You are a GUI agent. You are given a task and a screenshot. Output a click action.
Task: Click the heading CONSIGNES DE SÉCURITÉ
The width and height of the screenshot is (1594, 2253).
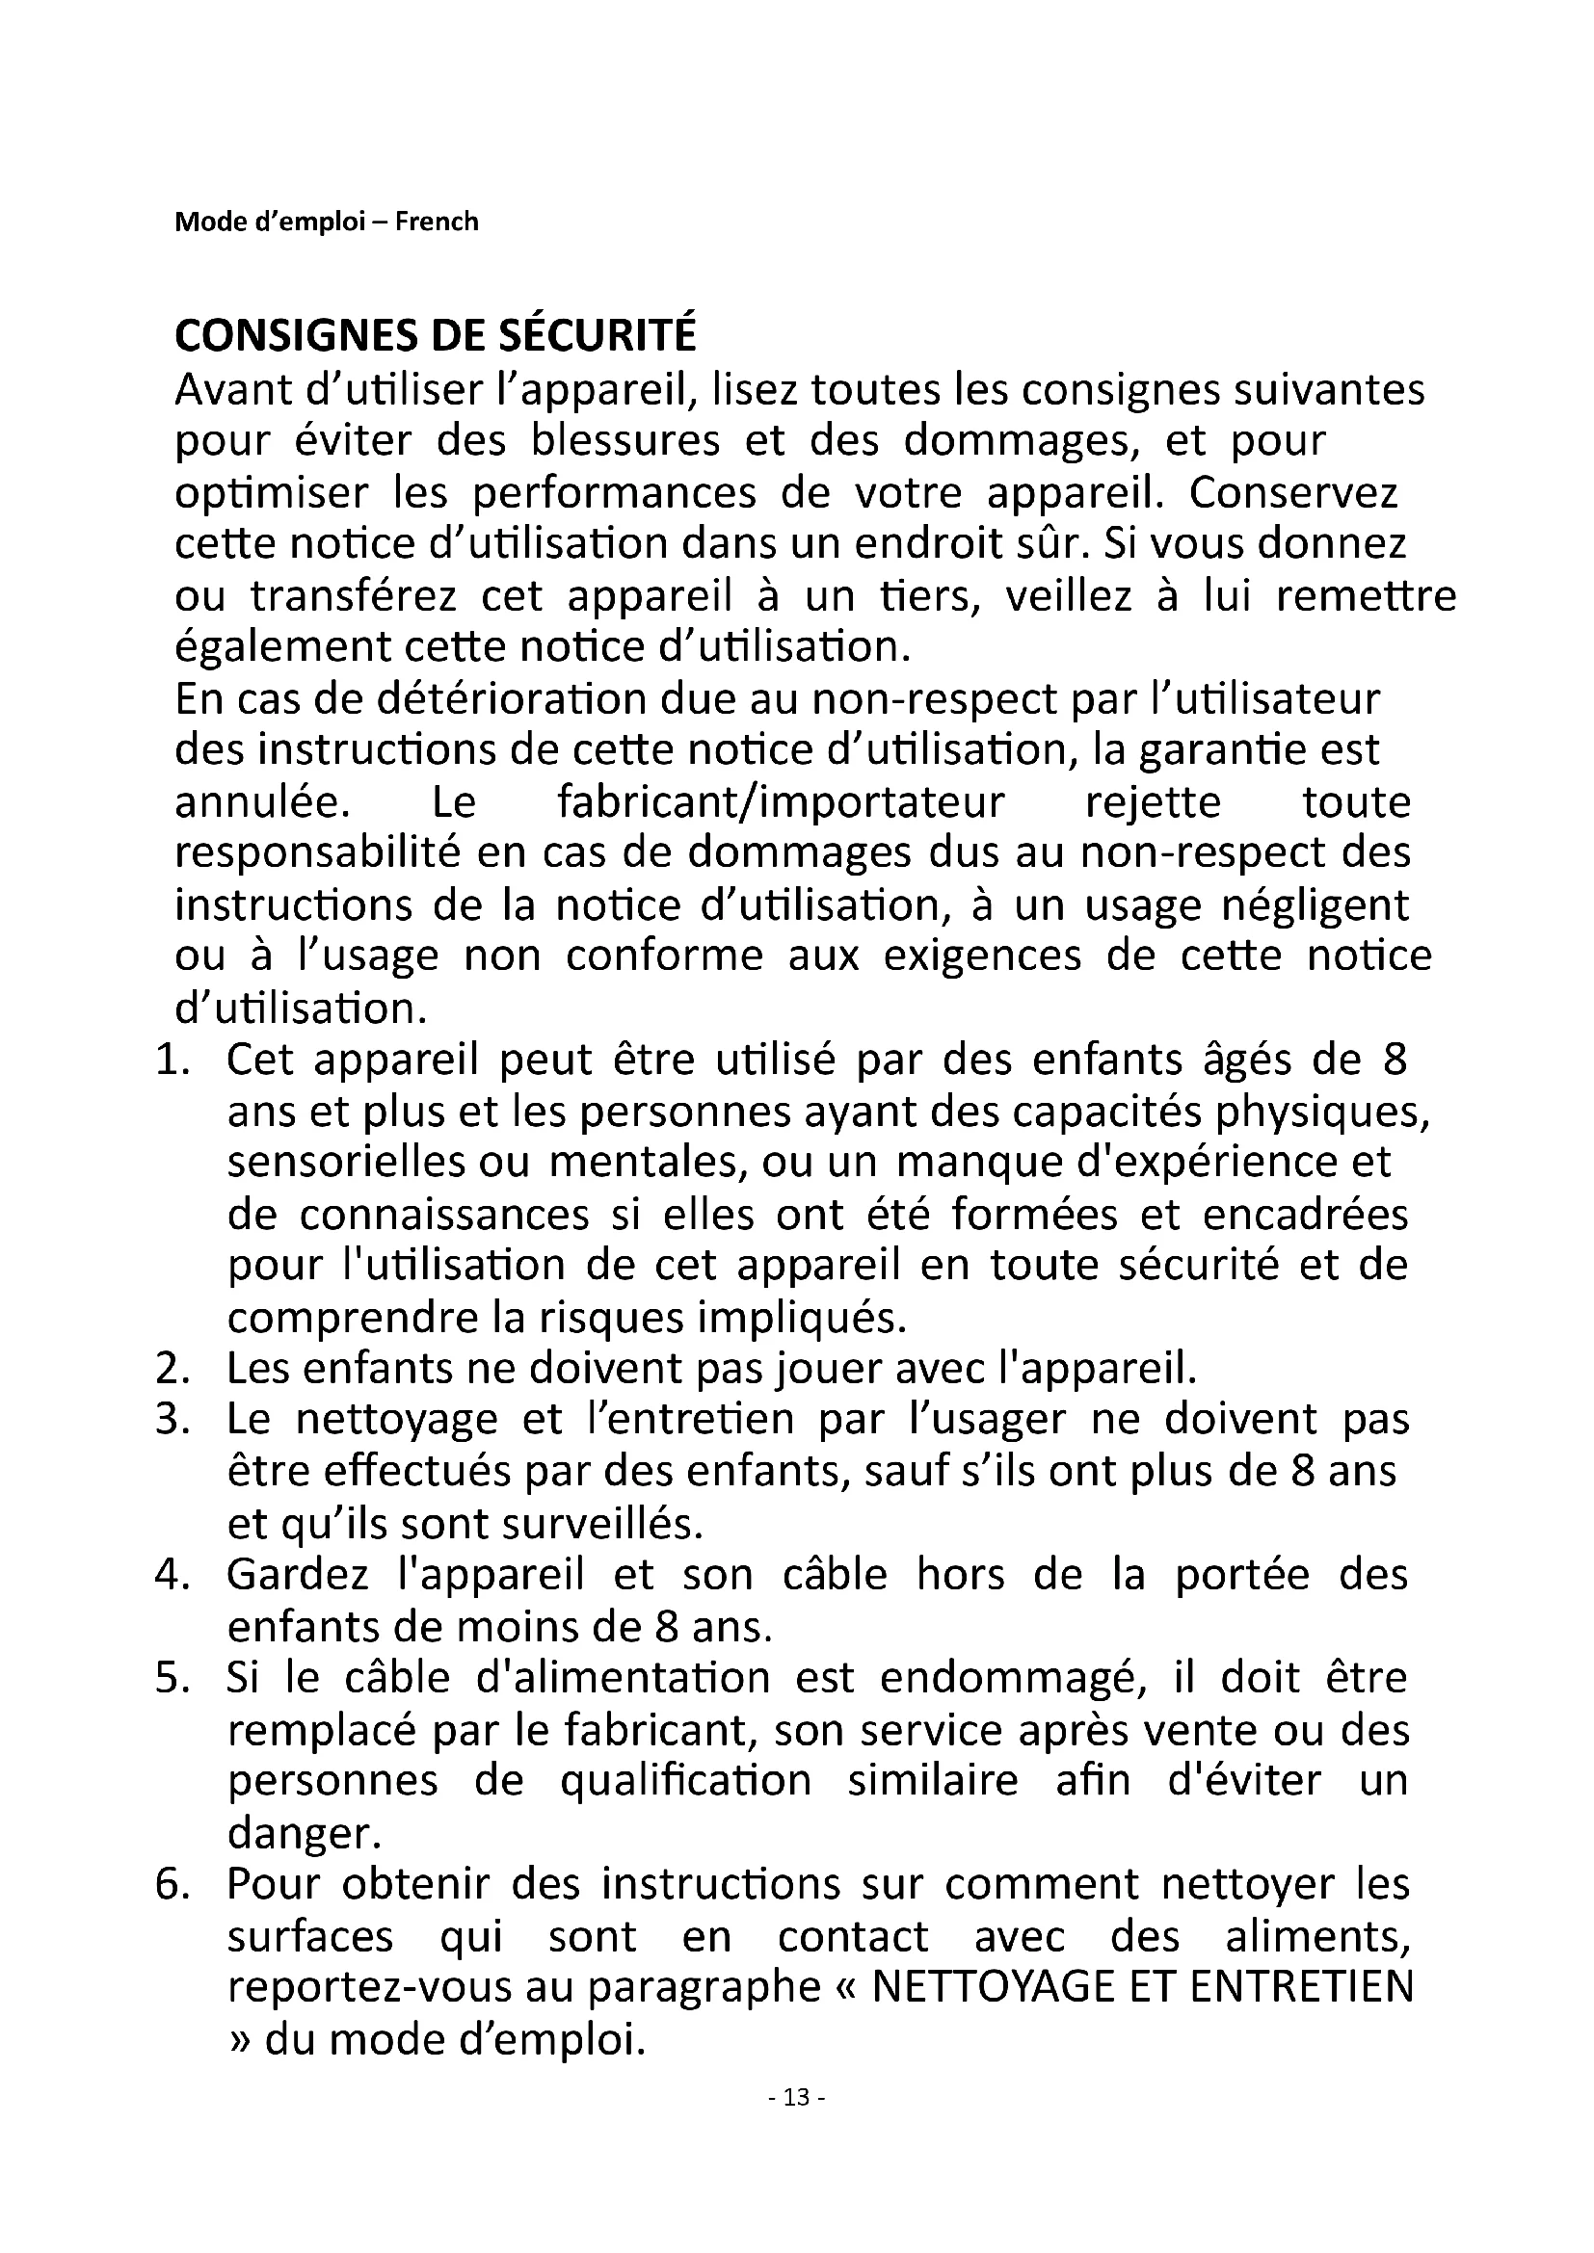pos(435,335)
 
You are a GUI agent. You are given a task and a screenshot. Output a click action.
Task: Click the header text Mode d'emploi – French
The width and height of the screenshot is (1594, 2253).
pos(326,222)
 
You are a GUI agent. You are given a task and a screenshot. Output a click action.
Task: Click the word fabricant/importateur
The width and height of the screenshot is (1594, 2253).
pos(781,802)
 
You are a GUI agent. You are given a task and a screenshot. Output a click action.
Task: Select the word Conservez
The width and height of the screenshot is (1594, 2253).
pos(1292,492)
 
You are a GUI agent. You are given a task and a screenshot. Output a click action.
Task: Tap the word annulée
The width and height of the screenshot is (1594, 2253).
pos(262,802)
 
